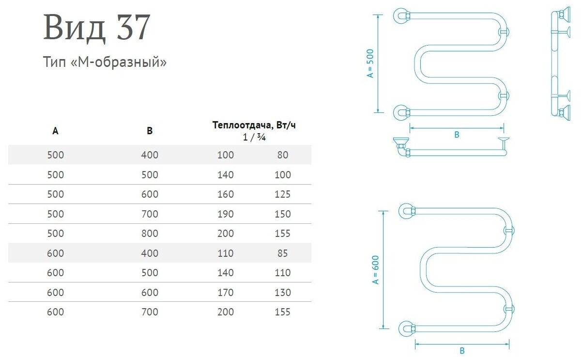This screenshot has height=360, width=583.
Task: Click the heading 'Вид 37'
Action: pyautogui.click(x=97, y=28)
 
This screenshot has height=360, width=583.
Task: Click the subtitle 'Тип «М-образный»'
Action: pyautogui.click(x=105, y=63)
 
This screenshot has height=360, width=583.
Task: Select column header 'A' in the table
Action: pyautogui.click(x=56, y=130)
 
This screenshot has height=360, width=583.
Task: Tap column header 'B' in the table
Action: pyautogui.click(x=150, y=130)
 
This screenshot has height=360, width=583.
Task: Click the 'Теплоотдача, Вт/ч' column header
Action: pyautogui.click(x=254, y=125)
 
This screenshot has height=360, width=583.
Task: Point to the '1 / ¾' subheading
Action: pyautogui.click(x=254, y=137)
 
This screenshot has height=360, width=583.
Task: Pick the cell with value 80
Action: pyautogui.click(x=283, y=155)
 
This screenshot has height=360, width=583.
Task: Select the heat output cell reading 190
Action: pyautogui.click(x=225, y=214)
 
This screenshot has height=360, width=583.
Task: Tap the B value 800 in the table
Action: pyautogui.click(x=150, y=234)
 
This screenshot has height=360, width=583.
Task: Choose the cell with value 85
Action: pyautogui.click(x=283, y=253)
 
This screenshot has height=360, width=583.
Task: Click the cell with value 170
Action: pyautogui.click(x=225, y=292)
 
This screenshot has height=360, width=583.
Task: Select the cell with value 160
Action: pyautogui.click(x=225, y=194)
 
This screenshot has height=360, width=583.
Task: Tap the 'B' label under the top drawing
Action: pyautogui.click(x=456, y=135)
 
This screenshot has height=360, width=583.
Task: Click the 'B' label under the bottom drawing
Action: pyautogui.click(x=461, y=351)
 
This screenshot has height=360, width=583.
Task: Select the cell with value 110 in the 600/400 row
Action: pyautogui.click(x=225, y=253)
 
